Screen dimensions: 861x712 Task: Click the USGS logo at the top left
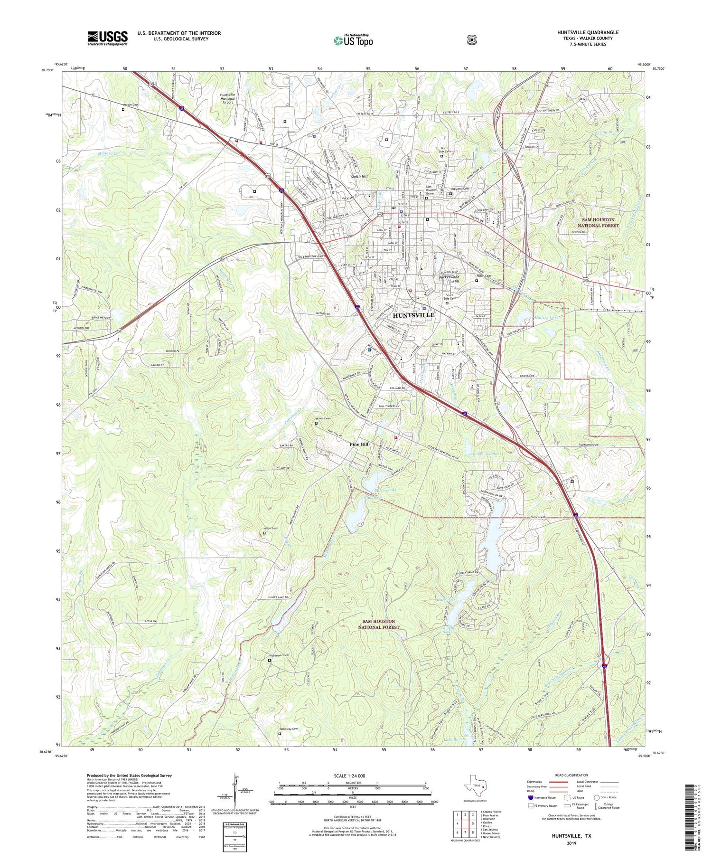(107, 38)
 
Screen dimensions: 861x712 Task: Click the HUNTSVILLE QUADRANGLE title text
(588, 32)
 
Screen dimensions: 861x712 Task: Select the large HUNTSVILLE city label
(413, 315)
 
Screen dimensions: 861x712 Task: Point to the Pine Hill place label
(359, 444)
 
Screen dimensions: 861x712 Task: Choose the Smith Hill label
(359, 176)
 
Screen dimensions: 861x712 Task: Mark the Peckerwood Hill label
(449, 279)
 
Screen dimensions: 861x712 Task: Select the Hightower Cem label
(279, 655)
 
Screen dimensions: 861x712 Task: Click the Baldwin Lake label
(485, 454)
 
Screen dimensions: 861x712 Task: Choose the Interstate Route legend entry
(543, 797)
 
